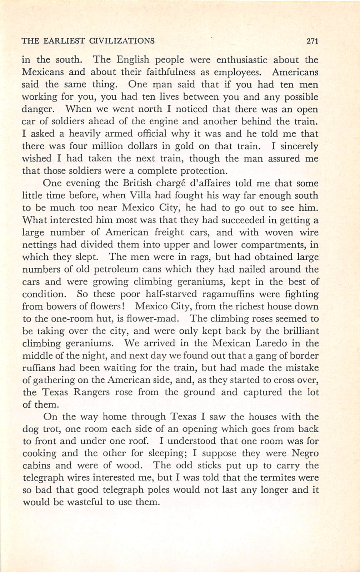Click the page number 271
click(x=312, y=41)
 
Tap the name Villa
click(x=136, y=195)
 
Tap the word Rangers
click(x=91, y=392)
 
